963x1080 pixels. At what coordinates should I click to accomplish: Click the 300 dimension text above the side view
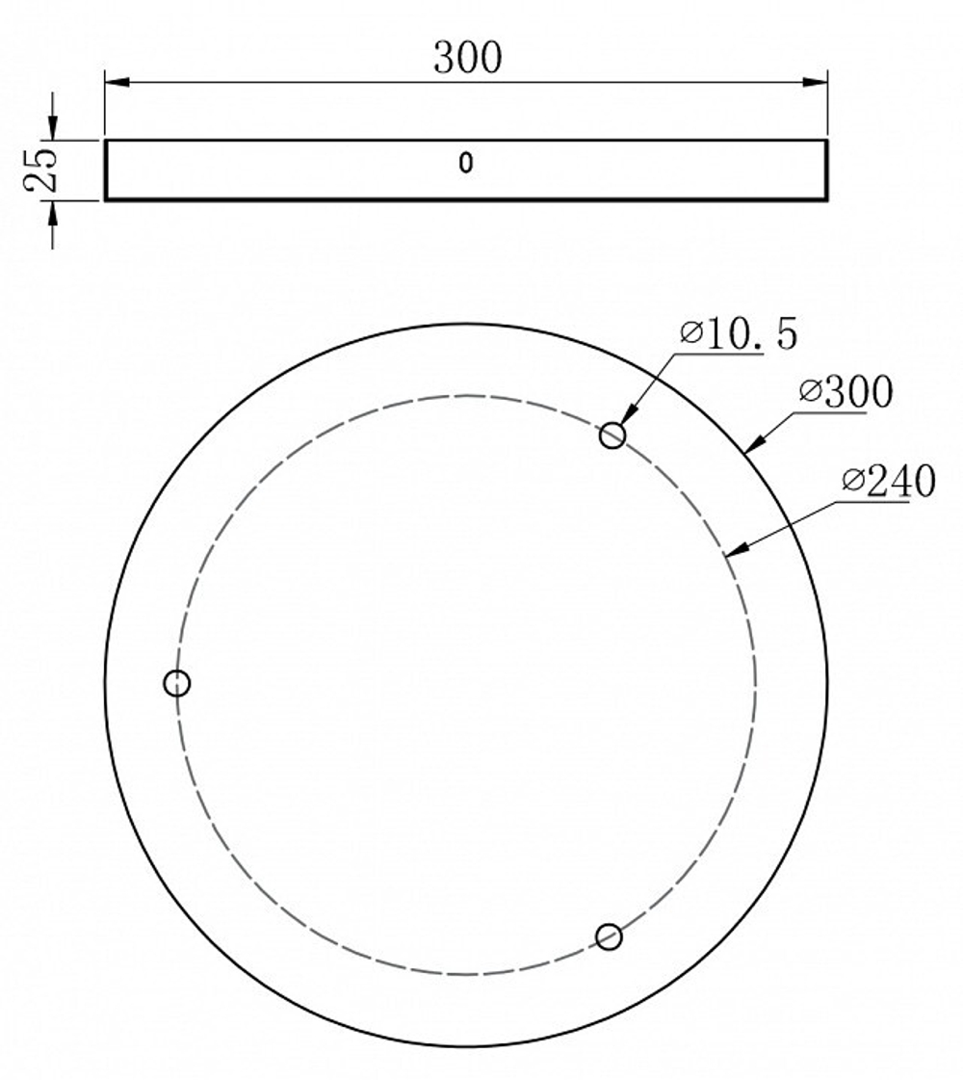467,58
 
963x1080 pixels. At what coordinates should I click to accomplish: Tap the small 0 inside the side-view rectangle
466,164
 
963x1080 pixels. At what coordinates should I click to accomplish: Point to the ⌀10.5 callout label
738,334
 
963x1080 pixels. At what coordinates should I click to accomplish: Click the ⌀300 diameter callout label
846,392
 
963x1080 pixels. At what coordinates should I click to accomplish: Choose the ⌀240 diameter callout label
887,482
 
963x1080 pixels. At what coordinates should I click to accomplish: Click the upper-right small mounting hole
612,436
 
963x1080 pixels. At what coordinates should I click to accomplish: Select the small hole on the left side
177,683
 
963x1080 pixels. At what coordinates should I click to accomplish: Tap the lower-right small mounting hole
609,936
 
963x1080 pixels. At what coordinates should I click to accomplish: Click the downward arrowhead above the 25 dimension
52,128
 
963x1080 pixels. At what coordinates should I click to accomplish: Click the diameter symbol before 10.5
691,334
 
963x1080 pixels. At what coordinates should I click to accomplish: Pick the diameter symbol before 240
851,482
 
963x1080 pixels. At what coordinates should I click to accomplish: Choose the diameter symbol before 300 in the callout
811,392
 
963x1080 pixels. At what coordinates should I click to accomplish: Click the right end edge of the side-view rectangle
826,171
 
